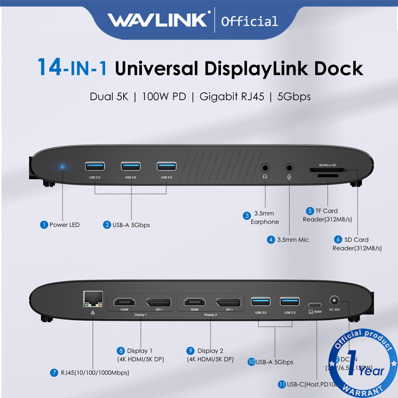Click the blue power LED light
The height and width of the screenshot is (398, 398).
click(x=62, y=168)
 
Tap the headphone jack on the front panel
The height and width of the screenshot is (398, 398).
click(x=265, y=168)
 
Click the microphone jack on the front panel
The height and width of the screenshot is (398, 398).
click(x=289, y=168)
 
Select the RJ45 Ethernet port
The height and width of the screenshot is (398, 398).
click(x=93, y=299)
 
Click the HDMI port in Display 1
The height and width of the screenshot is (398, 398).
click(x=124, y=302)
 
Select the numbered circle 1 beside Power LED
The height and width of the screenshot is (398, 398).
click(x=44, y=225)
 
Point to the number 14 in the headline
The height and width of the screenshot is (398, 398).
click(x=49, y=67)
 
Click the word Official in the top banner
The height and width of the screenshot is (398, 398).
click(x=249, y=21)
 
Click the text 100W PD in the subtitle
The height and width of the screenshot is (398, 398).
click(x=164, y=96)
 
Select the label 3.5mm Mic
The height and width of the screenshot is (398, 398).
click(x=292, y=240)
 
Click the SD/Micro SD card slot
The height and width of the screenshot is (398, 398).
click(x=326, y=170)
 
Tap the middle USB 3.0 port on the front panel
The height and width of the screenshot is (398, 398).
click(x=131, y=166)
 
